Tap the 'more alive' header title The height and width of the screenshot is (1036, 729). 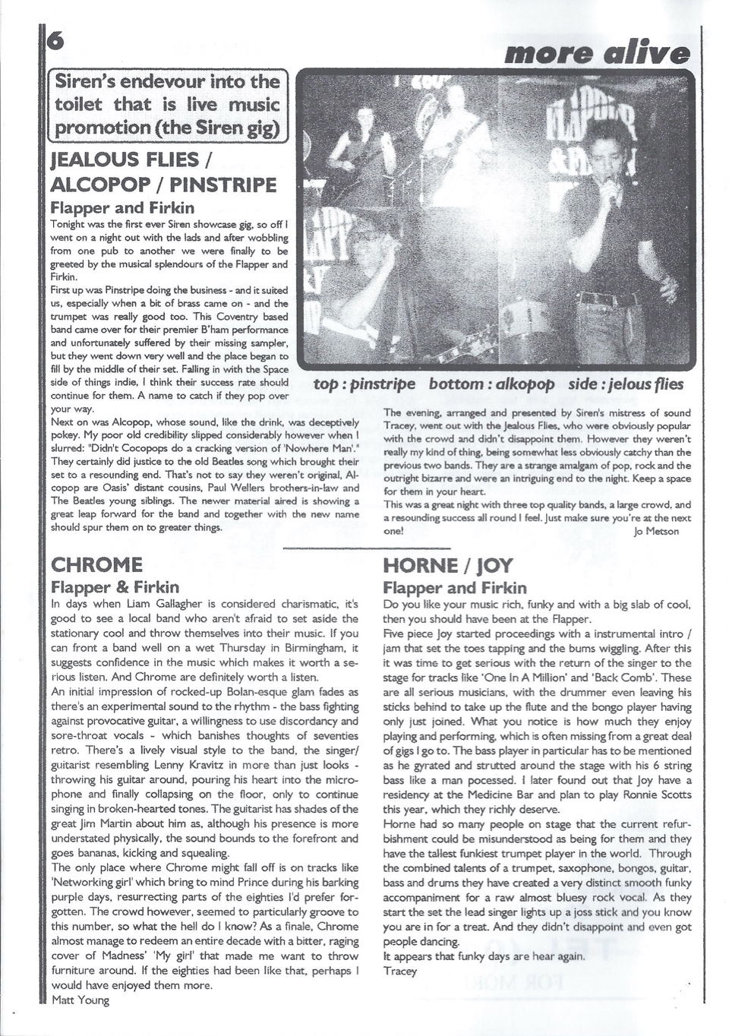point(597,52)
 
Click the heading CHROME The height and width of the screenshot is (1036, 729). point(96,565)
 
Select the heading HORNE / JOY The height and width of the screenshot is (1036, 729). point(448,566)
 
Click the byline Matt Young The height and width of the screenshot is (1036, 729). point(80,1000)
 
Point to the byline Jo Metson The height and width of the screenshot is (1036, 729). point(656,532)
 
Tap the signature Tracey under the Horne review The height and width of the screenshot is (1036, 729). point(400,971)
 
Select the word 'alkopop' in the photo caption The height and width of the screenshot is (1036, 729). point(524,384)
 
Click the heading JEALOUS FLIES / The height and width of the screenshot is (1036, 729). point(131,160)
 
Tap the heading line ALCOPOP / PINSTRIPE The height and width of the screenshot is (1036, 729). point(163,185)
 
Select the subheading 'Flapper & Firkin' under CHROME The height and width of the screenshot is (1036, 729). point(115,587)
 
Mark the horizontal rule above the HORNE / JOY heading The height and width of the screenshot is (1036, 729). point(366,547)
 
